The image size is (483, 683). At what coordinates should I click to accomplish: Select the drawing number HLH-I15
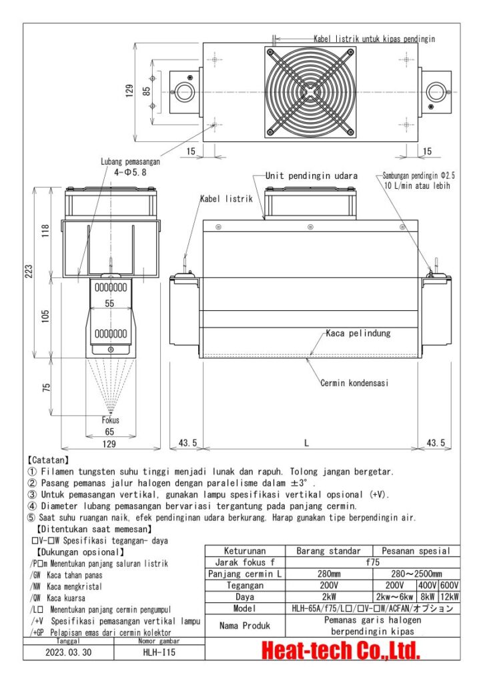159,653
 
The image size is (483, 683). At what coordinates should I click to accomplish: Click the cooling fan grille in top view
310,91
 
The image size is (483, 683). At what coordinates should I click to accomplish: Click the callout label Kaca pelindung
358,332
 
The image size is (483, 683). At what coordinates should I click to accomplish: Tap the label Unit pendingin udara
312,175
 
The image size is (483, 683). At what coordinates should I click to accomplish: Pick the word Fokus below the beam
110,421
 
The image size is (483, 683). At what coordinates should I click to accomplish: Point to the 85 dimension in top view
147,91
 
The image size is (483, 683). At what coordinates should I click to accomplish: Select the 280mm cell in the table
328,574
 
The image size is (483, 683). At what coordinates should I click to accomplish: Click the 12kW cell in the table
449,597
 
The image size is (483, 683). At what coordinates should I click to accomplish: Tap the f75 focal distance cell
372,562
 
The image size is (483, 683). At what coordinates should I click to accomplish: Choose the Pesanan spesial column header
416,551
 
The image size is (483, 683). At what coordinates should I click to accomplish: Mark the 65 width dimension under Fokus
110,432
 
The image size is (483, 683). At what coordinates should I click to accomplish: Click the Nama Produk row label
245,626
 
